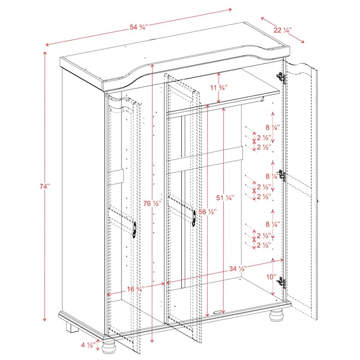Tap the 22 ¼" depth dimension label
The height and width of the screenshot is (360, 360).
pyautogui.click(x=283, y=30)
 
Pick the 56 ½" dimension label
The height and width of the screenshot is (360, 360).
pyautogui.click(x=207, y=211)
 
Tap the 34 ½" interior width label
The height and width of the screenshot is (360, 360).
pyautogui.click(x=238, y=269)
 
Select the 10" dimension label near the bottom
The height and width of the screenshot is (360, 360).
pyautogui.click(x=270, y=277)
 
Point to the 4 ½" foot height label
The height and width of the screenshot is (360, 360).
pyautogui.click(x=87, y=346)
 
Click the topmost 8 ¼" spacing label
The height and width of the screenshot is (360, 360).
pyautogui.click(x=273, y=127)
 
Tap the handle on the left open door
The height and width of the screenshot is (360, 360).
pyautogui.click(x=134, y=228)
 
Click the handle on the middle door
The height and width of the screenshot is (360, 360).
pyautogui.click(x=193, y=218)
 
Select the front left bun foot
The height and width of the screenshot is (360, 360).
pyautogui.click(x=108, y=349)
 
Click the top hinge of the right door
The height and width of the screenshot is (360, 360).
pyautogui.click(x=283, y=78)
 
